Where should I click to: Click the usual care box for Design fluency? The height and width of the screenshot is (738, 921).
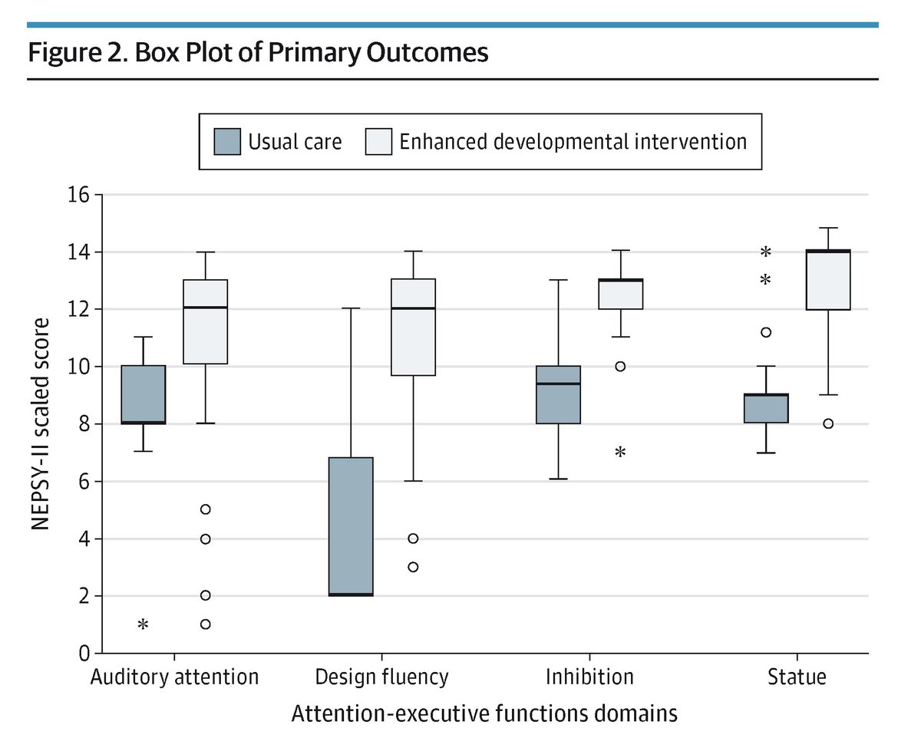[351, 526]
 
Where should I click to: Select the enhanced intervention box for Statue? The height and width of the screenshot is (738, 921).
[829, 280]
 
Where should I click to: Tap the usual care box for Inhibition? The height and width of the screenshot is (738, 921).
[558, 394]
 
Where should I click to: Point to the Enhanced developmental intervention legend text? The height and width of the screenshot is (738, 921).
[573, 142]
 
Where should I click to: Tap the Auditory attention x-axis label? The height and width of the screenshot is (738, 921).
[174, 677]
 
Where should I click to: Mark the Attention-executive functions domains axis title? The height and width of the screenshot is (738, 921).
[484, 714]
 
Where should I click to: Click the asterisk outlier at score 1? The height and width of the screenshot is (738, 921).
[143, 626]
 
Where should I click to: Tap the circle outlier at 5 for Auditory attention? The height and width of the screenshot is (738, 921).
[205, 509]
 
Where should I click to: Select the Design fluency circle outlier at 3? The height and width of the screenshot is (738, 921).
[413, 567]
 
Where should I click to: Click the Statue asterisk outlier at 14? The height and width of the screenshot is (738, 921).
[765, 252]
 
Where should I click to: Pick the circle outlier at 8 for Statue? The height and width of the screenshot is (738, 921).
[829, 423]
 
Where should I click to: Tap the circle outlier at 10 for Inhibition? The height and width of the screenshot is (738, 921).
[620, 366]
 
